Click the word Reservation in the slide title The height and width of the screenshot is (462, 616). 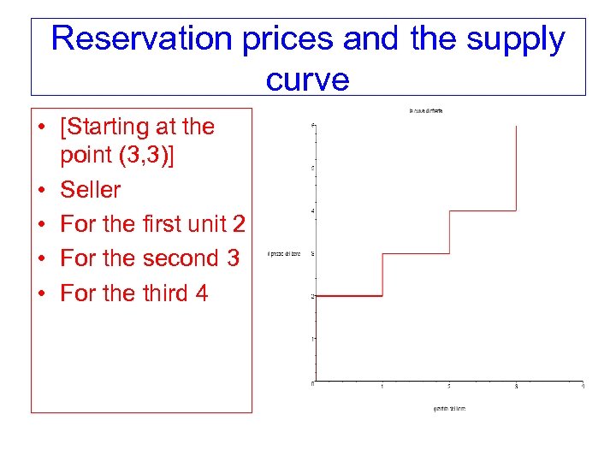tap(137, 39)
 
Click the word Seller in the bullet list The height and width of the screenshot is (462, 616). tap(91, 189)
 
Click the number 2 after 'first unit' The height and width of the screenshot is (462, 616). tap(239, 223)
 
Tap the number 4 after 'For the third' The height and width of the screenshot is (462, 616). tap(201, 293)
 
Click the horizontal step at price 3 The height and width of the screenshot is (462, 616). tap(416, 253)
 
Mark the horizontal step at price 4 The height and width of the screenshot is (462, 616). tap(483, 210)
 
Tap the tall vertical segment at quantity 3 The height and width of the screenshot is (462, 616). tap(516, 168)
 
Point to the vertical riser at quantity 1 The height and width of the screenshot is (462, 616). tap(382, 275)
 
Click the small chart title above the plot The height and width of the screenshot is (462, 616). tap(425, 110)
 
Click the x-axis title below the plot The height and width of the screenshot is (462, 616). tap(449, 408)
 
